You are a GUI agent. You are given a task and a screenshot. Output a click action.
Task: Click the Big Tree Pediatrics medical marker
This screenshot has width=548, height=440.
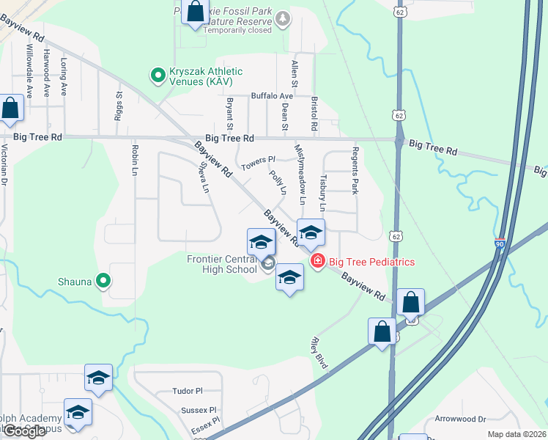[x=317, y=261]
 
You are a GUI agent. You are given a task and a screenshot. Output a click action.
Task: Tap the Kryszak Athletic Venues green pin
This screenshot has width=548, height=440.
[x=157, y=75]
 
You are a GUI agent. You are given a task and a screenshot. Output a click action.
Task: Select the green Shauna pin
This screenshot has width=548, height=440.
[x=104, y=280]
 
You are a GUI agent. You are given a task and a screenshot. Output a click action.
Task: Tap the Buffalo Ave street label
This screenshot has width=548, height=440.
[x=272, y=96]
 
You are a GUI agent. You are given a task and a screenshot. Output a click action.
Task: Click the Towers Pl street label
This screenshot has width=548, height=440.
[x=259, y=162]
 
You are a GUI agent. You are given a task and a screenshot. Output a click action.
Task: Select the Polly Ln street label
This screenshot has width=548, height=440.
[x=278, y=183]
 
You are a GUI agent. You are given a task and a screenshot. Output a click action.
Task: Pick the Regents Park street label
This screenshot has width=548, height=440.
[x=355, y=178]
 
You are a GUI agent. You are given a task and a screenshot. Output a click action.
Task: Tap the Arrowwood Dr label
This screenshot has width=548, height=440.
[x=461, y=419]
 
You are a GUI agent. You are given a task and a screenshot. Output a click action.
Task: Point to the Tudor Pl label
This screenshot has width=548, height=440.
[x=187, y=392]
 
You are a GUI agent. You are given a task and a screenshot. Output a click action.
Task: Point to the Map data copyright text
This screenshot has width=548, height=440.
[x=516, y=434]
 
